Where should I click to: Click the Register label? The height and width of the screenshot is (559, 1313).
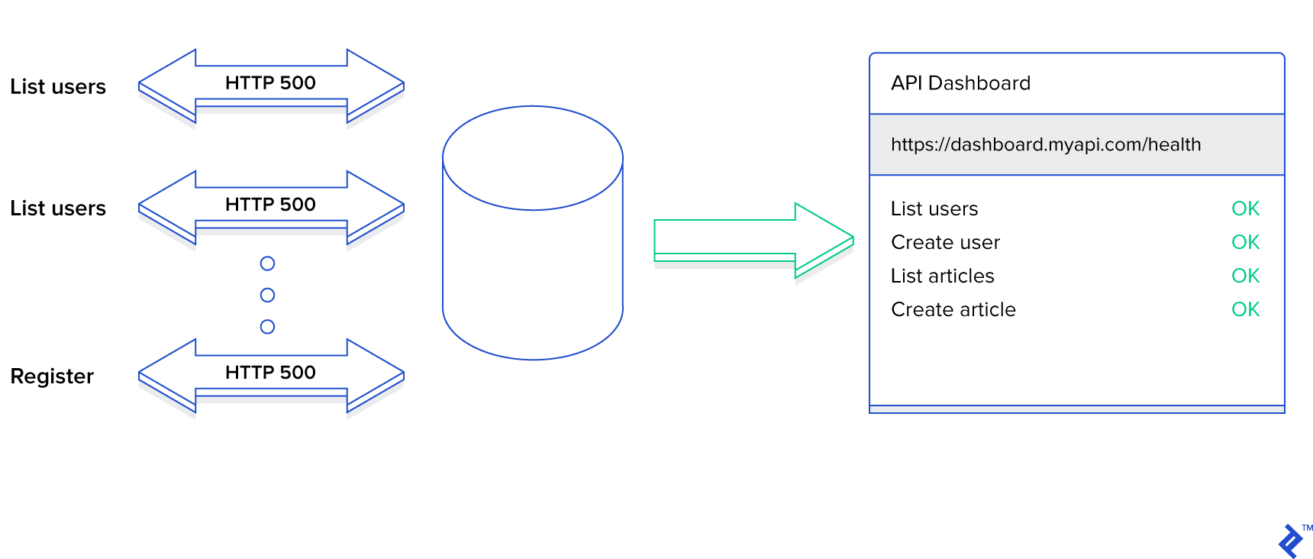click(x=52, y=376)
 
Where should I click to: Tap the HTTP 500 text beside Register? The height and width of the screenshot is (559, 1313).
click(x=270, y=373)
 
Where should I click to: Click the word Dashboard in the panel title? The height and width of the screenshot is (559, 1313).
click(x=979, y=83)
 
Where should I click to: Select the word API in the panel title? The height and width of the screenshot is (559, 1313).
click(x=907, y=83)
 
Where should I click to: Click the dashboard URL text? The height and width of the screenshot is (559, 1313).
click(x=1045, y=144)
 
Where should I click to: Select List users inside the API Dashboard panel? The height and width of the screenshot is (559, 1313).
click(x=934, y=208)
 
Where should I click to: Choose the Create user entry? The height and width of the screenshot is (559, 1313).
click(x=945, y=242)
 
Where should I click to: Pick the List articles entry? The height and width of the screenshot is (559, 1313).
click(x=942, y=276)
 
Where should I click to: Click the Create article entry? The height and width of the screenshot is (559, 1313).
click(x=953, y=309)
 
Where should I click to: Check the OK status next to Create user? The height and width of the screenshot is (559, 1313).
click(x=1245, y=242)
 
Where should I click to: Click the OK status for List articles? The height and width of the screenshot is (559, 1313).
click(x=1245, y=276)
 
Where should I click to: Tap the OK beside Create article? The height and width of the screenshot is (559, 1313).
click(x=1245, y=309)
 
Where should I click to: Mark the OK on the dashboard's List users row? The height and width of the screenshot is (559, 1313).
click(x=1245, y=208)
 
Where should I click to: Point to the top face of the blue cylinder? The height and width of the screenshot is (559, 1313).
click(x=533, y=157)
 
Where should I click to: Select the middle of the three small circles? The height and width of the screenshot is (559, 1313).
click(x=267, y=295)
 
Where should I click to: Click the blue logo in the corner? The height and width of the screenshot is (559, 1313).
click(x=1290, y=541)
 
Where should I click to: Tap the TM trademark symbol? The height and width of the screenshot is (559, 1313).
click(x=1308, y=528)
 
